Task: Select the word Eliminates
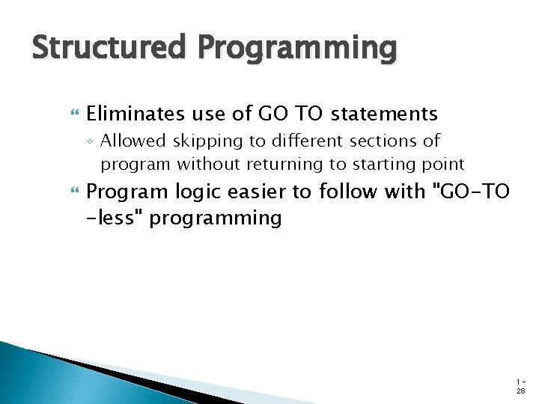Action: pyautogui.click(x=134, y=114)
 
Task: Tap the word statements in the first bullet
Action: pyautogui.click(x=384, y=114)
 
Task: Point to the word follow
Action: pyautogui.click(x=346, y=192)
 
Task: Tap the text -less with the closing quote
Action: pyautogui.click(x=113, y=218)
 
